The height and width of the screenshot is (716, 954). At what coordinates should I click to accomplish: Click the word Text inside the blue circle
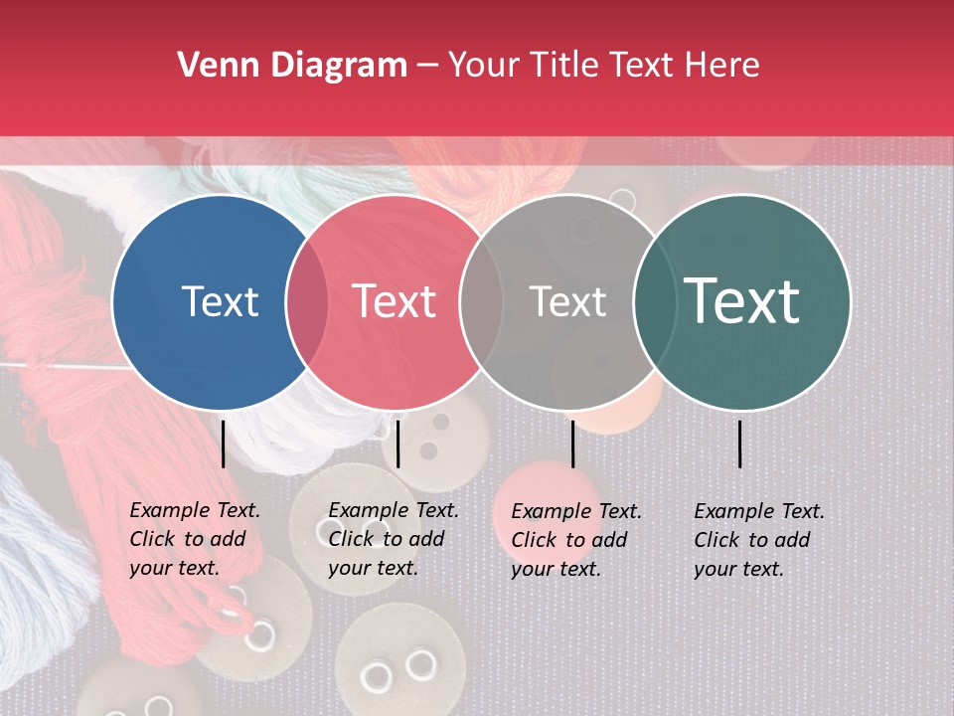point(220,301)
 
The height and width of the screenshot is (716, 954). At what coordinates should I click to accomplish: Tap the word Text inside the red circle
point(395,301)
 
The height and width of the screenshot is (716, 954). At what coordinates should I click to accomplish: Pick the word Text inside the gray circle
point(567,301)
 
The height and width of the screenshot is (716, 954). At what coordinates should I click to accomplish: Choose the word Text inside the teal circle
point(741,300)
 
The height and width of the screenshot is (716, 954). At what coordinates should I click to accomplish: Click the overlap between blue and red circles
point(307,301)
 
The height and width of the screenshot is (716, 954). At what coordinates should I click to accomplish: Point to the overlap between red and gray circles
point(480,301)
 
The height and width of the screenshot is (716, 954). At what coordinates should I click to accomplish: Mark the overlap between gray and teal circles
point(654,301)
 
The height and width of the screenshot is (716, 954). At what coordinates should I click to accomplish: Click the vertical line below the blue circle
point(223,444)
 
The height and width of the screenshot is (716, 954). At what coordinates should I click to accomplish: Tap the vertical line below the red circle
point(397,444)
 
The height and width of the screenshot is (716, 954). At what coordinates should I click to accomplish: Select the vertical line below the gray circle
point(572,444)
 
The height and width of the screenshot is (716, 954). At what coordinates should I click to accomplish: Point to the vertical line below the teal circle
point(740,444)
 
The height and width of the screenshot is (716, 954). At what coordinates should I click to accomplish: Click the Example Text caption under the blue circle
point(195,539)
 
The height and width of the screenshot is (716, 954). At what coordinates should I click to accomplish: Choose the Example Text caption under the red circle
point(394,539)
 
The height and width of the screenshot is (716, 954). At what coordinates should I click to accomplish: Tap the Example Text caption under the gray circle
point(576,540)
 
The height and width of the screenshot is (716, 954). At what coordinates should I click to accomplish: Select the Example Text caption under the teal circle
point(759,540)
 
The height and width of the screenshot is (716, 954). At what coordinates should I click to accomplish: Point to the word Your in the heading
point(484,66)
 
